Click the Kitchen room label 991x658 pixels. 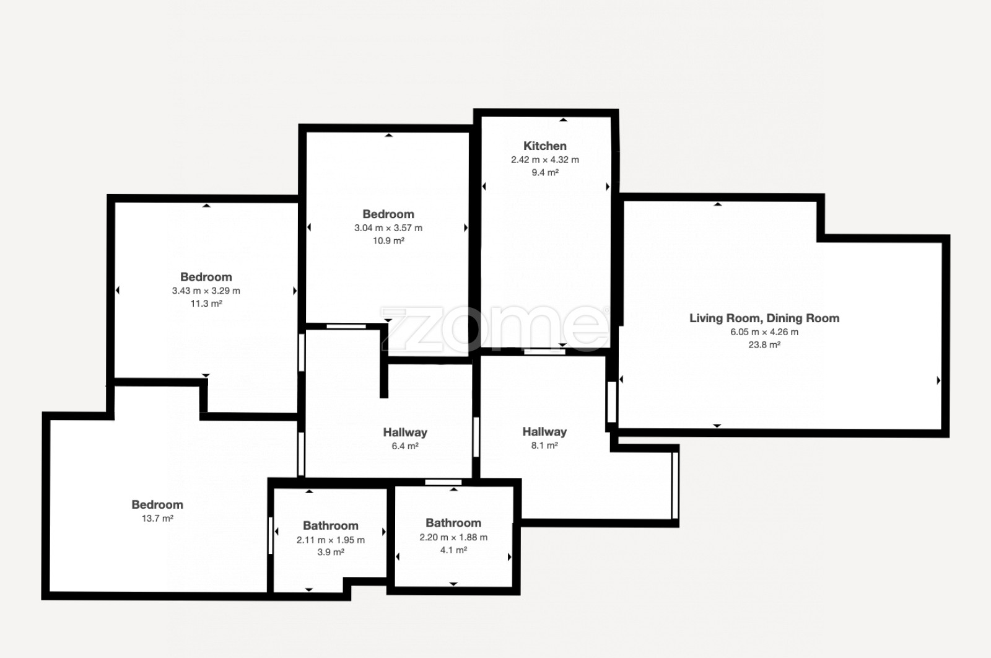click(x=544, y=146)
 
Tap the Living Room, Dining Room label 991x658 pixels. click(x=764, y=318)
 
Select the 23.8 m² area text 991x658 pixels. click(x=764, y=344)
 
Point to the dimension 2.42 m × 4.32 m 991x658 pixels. click(x=544, y=160)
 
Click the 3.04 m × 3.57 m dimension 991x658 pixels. click(x=388, y=228)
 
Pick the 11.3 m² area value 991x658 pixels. click(x=206, y=304)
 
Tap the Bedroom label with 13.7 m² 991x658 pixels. click(x=157, y=504)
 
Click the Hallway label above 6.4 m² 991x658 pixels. click(x=405, y=432)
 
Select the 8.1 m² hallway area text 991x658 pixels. click(x=544, y=445)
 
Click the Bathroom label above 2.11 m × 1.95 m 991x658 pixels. click(x=331, y=525)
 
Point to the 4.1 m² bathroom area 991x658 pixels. click(x=453, y=550)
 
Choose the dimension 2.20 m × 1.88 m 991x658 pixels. click(x=453, y=537)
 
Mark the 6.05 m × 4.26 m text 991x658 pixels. click(x=764, y=332)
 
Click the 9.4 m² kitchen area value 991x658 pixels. click(x=544, y=173)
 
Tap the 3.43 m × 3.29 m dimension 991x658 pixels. click(x=206, y=291)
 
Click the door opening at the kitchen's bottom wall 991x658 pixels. click(x=544, y=352)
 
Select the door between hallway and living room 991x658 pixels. click(x=612, y=401)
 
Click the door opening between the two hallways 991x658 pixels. click(x=476, y=437)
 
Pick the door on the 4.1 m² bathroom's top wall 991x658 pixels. click(x=443, y=482)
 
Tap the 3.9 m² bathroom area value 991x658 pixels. click(x=331, y=552)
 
